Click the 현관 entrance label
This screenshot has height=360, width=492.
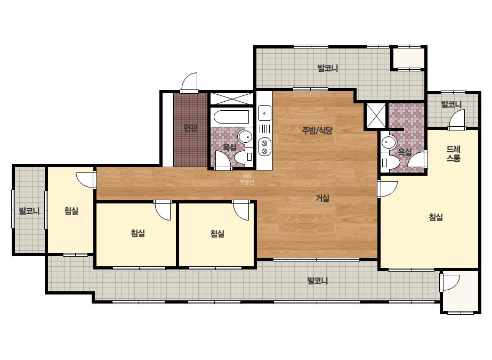pyautogui.click(x=190, y=128)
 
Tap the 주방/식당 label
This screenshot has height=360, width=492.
pyautogui.click(x=317, y=130)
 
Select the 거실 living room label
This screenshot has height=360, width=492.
pyautogui.click(x=322, y=198)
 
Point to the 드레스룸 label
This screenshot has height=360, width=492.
pyautogui.click(x=454, y=154)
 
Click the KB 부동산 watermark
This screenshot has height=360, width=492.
pyautogui.click(x=247, y=179)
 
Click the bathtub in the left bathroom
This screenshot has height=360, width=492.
pyautogui.click(x=231, y=117)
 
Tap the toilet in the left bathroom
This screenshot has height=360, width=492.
pyautogui.click(x=245, y=156)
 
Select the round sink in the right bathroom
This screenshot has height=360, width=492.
pyautogui.click(x=388, y=143)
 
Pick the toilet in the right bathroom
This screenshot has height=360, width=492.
pyautogui.click(x=390, y=162)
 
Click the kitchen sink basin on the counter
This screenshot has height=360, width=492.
pyautogui.click(x=265, y=113)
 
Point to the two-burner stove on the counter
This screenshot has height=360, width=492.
pyautogui.click(x=264, y=147)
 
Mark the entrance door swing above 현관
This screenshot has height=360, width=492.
pyautogui.click(x=190, y=83)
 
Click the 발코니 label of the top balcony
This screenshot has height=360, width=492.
pyautogui.click(x=328, y=68)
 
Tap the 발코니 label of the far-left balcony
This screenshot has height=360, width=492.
pyautogui.click(x=29, y=211)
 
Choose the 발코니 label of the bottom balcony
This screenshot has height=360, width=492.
pyautogui.click(x=318, y=280)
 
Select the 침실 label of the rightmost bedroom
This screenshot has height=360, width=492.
pyautogui.click(x=436, y=217)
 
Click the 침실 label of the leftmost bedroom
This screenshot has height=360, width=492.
pyautogui.click(x=71, y=211)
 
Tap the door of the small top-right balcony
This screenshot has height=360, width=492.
pyautogui.click(x=457, y=120)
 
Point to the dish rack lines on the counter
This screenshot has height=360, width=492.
pyautogui.click(x=265, y=129)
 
